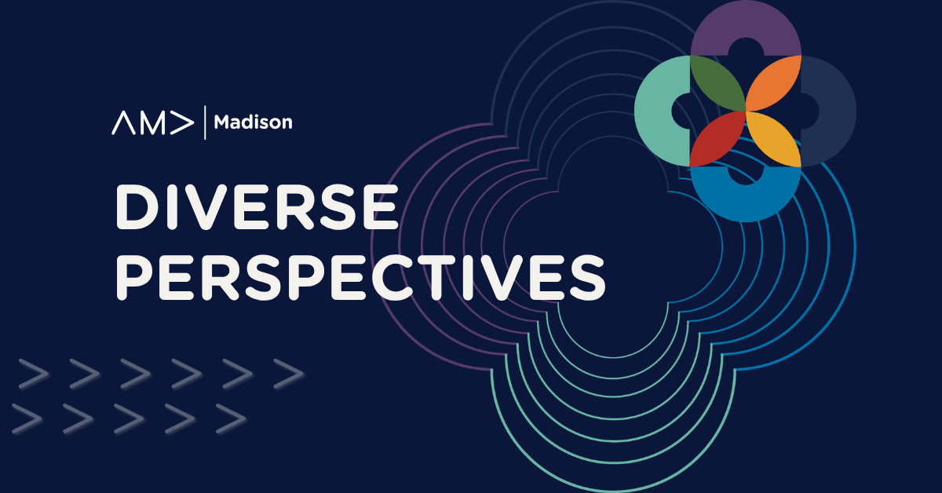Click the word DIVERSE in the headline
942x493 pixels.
pyautogui.click(x=257, y=207)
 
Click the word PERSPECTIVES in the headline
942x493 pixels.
pyautogui.click(x=360, y=279)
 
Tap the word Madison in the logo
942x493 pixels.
pyautogui.click(x=253, y=122)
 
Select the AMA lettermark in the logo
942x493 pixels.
pyautogui.click(x=152, y=122)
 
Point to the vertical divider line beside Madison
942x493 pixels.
pyautogui.click(x=205, y=122)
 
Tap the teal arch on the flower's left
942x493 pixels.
pyautogui.click(x=656, y=111)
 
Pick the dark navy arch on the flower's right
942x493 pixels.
pyautogui.click(x=834, y=111)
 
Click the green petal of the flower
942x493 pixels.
pyautogui.click(x=717, y=83)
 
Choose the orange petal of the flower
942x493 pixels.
pyautogui.click(x=774, y=83)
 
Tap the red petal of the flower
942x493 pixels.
pyautogui.click(x=717, y=139)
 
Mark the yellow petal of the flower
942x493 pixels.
pyautogui.click(x=774, y=139)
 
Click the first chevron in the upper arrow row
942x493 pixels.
pyautogui.click(x=34, y=374)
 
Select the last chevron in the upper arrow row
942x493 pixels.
pyautogui.click(x=289, y=374)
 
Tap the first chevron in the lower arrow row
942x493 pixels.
pyautogui.click(x=27, y=418)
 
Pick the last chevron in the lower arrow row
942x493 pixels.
pyautogui.click(x=231, y=418)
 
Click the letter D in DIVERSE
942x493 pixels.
pyautogui.click(x=137, y=207)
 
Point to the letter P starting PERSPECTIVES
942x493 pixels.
pyautogui.click(x=134, y=279)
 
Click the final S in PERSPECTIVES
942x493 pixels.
pyautogui.click(x=588, y=279)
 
